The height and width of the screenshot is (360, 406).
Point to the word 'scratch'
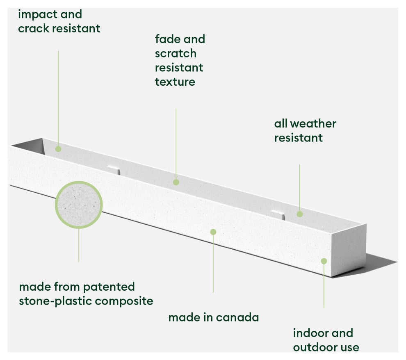tap(176, 53)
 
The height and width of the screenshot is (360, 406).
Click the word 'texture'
tap(175, 82)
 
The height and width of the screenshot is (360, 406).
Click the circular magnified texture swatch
tap(79, 205)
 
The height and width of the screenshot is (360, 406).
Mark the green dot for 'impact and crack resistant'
tap(58, 149)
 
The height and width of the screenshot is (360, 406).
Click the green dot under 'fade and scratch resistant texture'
tap(176, 182)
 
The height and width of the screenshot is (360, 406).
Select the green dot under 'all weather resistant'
tap(300, 214)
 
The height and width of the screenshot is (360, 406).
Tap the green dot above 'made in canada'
tap(213, 232)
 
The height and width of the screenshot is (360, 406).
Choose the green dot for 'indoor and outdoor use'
tap(324, 261)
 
